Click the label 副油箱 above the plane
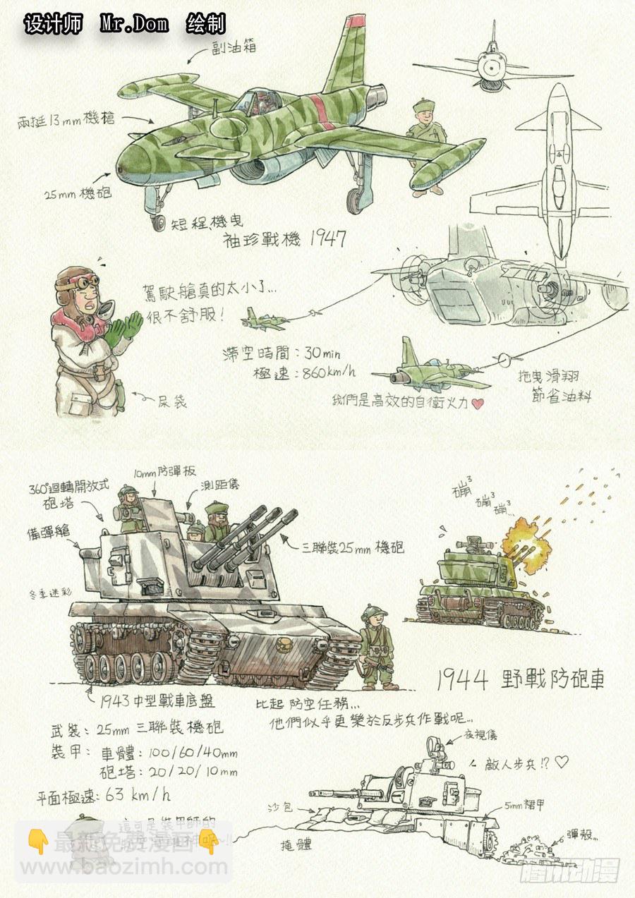pyautogui.click(x=234, y=47)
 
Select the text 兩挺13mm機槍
pyautogui.click(x=66, y=120)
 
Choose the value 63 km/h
pyautogui.click(x=138, y=795)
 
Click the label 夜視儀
pyautogui.click(x=482, y=735)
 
